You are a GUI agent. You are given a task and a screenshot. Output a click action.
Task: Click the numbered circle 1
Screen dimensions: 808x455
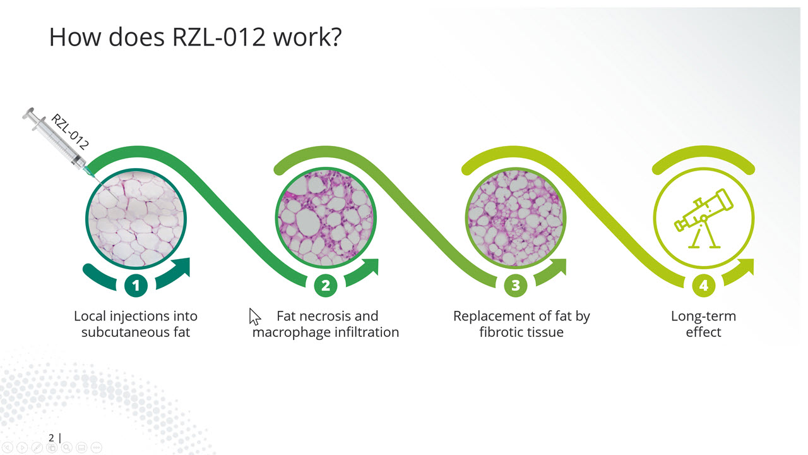136,285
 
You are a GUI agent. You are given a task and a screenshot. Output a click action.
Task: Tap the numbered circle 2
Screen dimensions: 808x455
326,285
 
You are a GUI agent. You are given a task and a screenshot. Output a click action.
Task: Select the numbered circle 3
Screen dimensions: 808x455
516,285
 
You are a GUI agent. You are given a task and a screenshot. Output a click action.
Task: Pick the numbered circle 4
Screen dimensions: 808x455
704,285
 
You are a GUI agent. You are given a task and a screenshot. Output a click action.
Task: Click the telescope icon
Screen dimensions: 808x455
703,219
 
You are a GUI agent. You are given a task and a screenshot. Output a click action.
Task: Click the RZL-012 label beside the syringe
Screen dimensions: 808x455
70,131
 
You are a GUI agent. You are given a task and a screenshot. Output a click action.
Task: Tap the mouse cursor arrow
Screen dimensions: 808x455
254,317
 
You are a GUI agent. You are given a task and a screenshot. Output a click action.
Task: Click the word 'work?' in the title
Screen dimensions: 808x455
307,37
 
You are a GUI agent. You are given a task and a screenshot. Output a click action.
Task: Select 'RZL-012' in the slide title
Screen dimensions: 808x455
219,37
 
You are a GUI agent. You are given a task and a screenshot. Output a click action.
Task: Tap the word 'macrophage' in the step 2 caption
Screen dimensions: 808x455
291,332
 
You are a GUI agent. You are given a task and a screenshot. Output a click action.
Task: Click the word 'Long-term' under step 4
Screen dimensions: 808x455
703,316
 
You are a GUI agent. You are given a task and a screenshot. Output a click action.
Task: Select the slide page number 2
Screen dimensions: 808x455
51,438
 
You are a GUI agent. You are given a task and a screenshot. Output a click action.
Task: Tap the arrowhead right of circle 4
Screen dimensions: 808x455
746,267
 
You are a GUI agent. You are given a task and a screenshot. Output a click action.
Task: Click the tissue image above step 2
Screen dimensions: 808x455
326,218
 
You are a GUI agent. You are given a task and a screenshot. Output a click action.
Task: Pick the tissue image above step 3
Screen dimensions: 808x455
516,218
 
